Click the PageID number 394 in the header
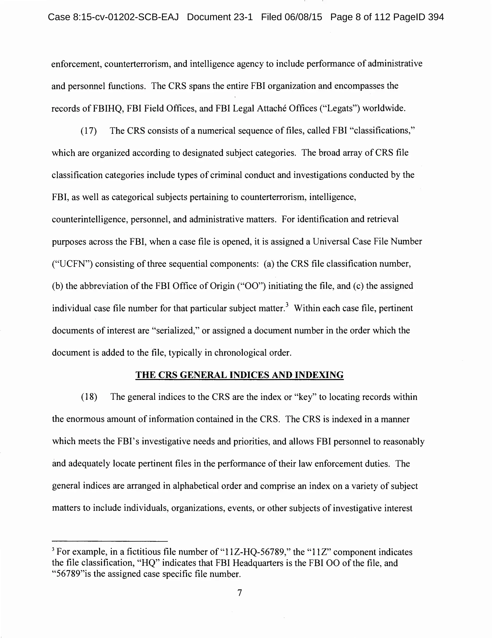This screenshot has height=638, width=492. [436, 17]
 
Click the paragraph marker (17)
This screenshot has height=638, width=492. [89, 131]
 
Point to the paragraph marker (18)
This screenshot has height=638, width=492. [89, 397]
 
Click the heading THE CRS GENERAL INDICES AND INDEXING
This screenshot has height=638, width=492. [240, 375]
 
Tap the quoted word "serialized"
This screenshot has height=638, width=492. [175, 330]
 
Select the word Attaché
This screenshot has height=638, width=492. [271, 108]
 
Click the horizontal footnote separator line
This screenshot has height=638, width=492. [110, 541]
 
